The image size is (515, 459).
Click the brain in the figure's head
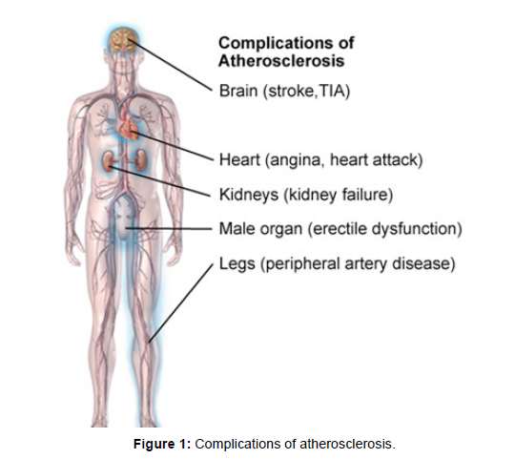123,40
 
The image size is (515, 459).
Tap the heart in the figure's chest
129,129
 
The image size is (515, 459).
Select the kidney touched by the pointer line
108,161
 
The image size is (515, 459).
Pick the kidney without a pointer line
140,160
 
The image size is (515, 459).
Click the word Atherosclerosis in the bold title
281,61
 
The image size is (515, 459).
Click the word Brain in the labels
238,91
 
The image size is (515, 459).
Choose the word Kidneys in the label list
249,195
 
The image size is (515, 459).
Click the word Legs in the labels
237,263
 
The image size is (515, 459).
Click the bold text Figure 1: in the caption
162,444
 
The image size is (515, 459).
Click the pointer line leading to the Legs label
180,303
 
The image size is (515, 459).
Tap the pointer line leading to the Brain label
171,64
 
